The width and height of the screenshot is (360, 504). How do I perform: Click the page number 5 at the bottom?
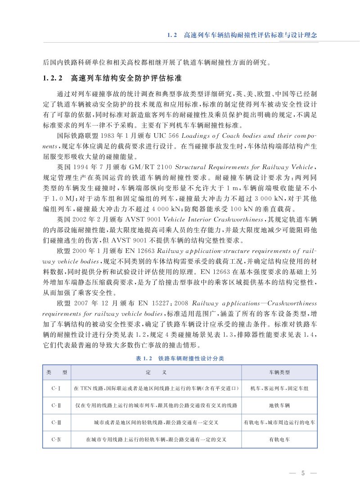tap(303, 473)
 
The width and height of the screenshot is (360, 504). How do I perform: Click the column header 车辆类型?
tap(279, 373)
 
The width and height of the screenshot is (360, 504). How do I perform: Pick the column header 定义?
tap(156, 373)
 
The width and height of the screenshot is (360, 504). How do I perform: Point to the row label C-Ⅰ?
tap(57, 388)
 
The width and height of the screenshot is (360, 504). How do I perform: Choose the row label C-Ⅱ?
tap(57, 405)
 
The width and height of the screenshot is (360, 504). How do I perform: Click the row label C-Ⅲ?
tap(57, 423)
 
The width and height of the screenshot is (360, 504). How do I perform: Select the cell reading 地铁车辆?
tap(279, 405)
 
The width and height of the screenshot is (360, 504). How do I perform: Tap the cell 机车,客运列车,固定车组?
tap(279, 388)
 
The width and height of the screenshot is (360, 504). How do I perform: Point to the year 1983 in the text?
tap(112, 123)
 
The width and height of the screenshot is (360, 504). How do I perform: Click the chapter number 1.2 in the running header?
tap(173, 35)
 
